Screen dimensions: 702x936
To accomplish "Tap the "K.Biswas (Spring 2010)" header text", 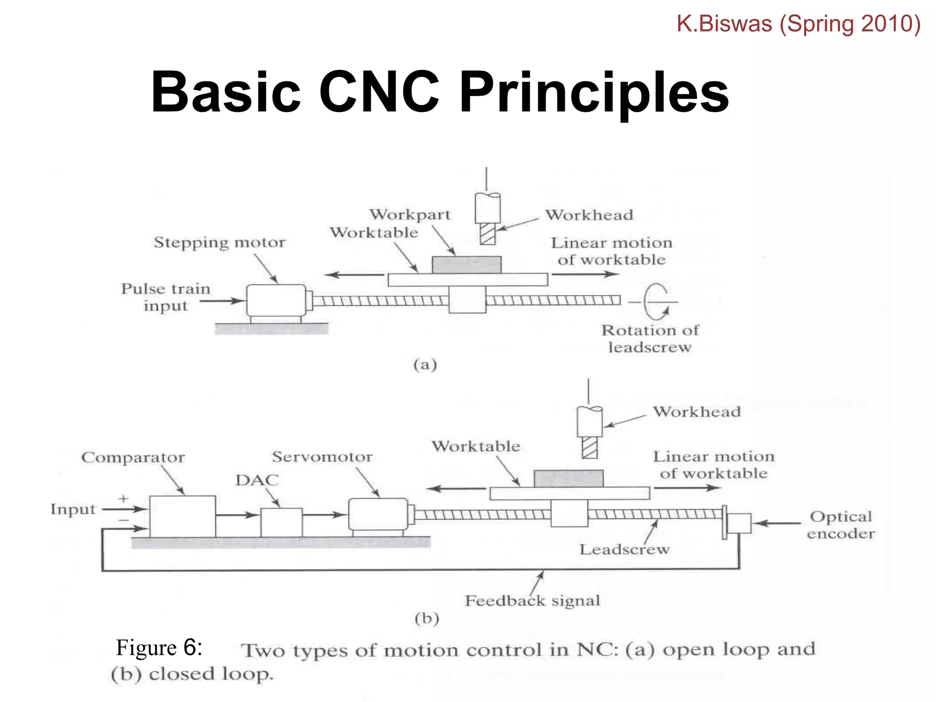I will pos(798,24).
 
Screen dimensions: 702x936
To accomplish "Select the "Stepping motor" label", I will pos(219,242).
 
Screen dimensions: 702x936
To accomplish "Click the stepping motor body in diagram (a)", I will pos(276,300).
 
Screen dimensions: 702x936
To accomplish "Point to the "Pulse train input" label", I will pos(165,297).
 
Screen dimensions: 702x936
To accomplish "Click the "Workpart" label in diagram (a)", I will pos(410,215).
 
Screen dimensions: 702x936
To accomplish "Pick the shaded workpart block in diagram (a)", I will pos(466,265).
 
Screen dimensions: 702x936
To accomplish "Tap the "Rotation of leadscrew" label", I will pos(649,339).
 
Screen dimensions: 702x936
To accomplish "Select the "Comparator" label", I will pos(133,457).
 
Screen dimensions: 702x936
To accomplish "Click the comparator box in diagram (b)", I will pos(182,516).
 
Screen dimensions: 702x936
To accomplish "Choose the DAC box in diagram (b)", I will pos(281,522).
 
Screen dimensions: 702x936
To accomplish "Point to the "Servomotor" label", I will pos(322,457).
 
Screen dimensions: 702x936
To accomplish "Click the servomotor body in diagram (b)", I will pos(378,514).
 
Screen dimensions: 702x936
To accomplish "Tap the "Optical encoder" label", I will pos(840,525).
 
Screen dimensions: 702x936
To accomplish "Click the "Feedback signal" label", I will pos(532,601).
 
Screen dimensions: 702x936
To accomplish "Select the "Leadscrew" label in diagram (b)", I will pos(624,549).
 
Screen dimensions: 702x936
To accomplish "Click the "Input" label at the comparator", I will pos(73,509).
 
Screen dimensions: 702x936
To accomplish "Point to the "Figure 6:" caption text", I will pos(159,648).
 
